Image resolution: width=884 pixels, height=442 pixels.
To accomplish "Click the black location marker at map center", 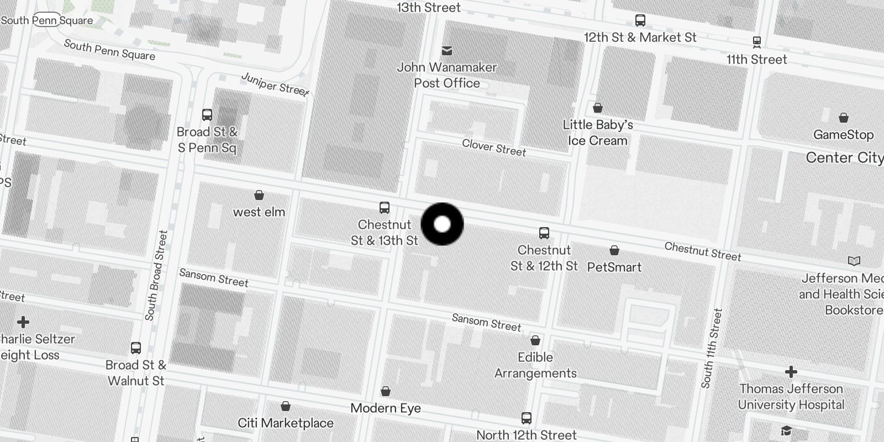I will click(442, 224).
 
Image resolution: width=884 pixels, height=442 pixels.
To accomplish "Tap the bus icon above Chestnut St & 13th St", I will click(385, 208).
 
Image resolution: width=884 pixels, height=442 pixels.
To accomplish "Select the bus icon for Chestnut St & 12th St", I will click(544, 233).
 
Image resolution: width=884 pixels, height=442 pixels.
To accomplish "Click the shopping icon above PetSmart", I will click(614, 251).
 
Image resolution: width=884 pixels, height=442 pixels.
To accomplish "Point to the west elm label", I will click(259, 212).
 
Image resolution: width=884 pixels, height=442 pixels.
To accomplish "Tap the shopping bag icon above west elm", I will click(259, 195).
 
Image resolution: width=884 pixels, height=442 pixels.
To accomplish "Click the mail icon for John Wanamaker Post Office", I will click(447, 51).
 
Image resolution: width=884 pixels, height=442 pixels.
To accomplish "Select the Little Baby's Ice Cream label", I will click(598, 133).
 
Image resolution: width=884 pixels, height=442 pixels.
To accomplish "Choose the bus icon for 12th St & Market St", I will click(640, 20).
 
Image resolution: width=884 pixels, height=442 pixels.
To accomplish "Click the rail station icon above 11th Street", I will click(757, 41).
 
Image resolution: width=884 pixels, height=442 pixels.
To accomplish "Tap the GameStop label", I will click(843, 135).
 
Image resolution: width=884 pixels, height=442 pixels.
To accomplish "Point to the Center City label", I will click(844, 158).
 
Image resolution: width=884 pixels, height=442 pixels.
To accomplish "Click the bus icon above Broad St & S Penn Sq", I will click(207, 115).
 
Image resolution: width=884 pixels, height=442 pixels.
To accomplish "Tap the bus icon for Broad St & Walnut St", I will click(136, 348).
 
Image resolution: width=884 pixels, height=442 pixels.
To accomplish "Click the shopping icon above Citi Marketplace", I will click(286, 407).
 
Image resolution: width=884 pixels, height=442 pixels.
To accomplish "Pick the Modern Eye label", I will click(386, 409).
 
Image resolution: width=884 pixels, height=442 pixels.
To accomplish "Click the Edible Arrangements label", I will click(535, 365).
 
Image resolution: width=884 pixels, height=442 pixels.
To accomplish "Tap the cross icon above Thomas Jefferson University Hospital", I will click(791, 372).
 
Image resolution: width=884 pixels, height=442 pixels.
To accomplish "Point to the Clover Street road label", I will click(494, 148).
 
